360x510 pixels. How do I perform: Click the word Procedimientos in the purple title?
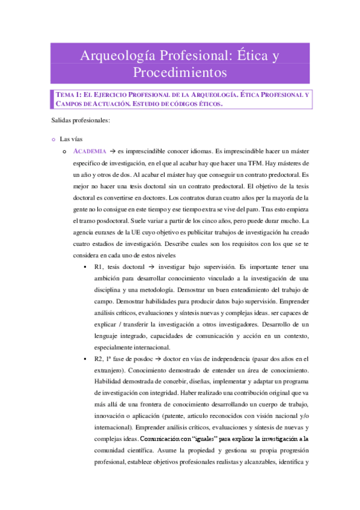pyautogui.click(x=180, y=73)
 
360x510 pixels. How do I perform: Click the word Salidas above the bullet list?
pyautogui.click(x=62, y=121)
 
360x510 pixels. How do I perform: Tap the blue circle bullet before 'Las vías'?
pyautogui.click(x=53, y=139)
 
